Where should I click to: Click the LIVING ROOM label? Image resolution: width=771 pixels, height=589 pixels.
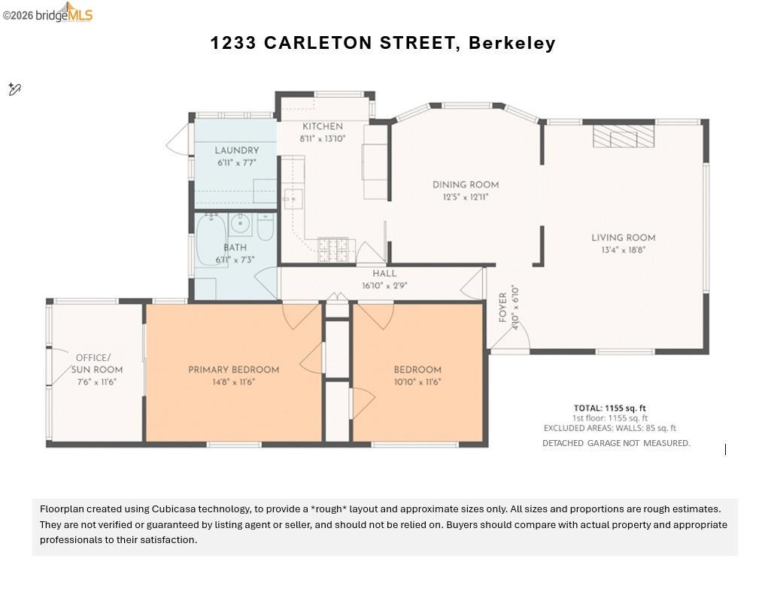pyautogui.click(x=623, y=238)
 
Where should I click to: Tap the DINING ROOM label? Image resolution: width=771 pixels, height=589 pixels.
pyautogui.click(x=465, y=185)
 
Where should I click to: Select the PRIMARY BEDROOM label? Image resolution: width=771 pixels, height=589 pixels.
pyautogui.click(x=233, y=369)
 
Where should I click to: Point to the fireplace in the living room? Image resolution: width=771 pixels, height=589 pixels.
pyautogui.click(x=624, y=136)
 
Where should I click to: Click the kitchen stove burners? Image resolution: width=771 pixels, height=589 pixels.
pyautogui.click(x=333, y=249)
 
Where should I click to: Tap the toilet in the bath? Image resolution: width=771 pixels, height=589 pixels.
pyautogui.click(x=266, y=227)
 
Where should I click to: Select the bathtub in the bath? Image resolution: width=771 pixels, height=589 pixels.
pyautogui.click(x=210, y=239)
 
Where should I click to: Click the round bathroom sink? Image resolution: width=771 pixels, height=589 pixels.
pyautogui.click(x=241, y=223)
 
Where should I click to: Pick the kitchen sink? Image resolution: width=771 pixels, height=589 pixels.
pyautogui.click(x=293, y=199)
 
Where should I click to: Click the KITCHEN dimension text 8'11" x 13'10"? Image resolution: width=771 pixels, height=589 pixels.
pyautogui.click(x=323, y=138)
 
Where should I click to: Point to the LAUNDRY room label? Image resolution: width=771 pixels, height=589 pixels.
pyautogui.click(x=236, y=150)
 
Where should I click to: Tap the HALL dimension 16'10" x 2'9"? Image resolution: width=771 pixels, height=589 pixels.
pyautogui.click(x=384, y=285)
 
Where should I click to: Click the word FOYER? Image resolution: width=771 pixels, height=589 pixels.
pyautogui.click(x=503, y=308)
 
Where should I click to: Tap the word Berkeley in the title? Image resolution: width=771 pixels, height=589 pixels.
pyautogui.click(x=511, y=43)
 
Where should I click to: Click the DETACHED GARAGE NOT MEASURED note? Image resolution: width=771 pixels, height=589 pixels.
pyautogui.click(x=615, y=443)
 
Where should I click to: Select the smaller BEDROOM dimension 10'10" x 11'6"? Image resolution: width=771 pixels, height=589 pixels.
pyautogui.click(x=417, y=381)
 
